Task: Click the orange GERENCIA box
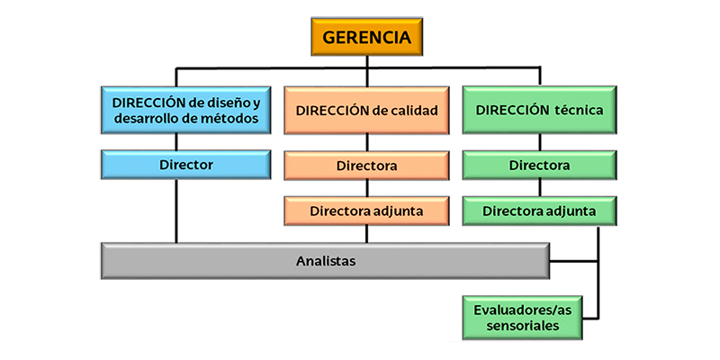click(x=367, y=39)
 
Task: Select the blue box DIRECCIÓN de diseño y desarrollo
click(x=186, y=110)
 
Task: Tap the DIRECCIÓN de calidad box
click(x=366, y=111)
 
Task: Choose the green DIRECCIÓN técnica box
click(x=539, y=110)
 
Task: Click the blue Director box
click(x=186, y=165)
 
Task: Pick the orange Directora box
click(x=366, y=166)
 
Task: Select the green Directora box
click(x=539, y=166)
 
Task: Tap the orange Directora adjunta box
click(x=366, y=211)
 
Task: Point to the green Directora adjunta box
click(x=539, y=211)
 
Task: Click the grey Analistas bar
click(x=325, y=261)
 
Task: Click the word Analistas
click(x=325, y=261)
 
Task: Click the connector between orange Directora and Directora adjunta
click(x=366, y=188)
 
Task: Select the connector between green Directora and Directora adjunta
click(x=539, y=188)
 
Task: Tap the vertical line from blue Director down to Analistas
click(x=175, y=211)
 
